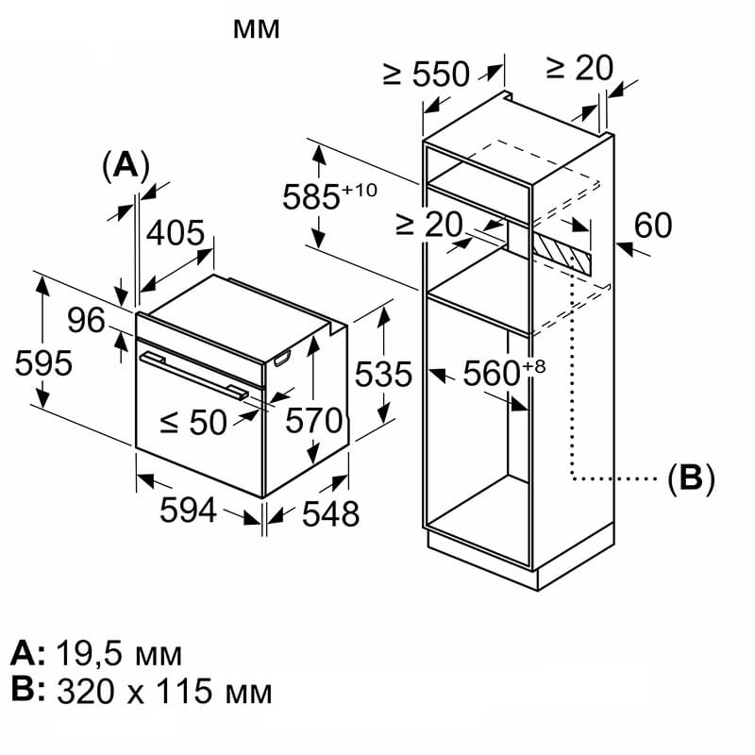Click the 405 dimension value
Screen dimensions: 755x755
(x=176, y=233)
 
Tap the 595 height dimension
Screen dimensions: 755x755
(x=43, y=362)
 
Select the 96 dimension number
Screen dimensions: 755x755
(x=86, y=320)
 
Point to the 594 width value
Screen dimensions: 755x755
(x=188, y=511)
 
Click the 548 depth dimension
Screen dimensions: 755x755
(x=331, y=513)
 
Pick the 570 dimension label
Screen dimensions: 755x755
(x=314, y=420)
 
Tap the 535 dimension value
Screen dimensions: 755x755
(x=384, y=374)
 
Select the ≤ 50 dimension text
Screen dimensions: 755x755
(x=193, y=423)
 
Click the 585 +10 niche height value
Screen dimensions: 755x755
(x=329, y=195)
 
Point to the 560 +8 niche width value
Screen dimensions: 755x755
(x=504, y=372)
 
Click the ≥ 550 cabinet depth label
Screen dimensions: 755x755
(x=427, y=74)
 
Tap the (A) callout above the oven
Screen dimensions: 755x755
(x=126, y=166)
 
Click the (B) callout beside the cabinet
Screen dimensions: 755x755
(x=692, y=479)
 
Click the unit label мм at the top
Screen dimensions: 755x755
(x=256, y=29)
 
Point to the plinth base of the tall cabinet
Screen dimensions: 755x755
(x=520, y=559)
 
